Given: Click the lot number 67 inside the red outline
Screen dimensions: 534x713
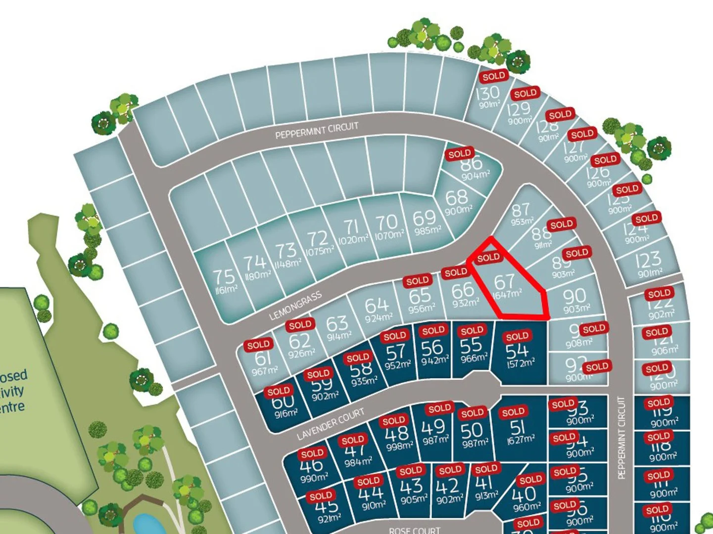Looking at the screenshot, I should point(504,282).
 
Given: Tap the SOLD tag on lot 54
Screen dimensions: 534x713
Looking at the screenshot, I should point(517,337).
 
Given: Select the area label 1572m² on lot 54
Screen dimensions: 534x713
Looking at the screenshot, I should point(520,363).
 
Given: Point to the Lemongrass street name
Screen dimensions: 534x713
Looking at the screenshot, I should point(295,306).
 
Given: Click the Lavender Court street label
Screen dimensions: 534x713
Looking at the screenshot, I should point(330,424).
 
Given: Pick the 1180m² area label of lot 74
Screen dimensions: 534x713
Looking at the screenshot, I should point(258,275).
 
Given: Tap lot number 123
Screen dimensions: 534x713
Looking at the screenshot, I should point(649,259).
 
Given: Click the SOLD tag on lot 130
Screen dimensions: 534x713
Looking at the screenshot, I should point(493,76).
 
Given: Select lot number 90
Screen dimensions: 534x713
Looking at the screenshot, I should point(574,296).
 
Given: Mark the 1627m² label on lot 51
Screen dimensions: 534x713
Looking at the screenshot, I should point(521,439).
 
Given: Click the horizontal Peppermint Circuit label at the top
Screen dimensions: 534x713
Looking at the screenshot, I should point(317,131).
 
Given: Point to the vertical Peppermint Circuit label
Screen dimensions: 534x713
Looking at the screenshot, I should point(622,438).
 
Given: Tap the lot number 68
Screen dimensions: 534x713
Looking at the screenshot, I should point(456,197).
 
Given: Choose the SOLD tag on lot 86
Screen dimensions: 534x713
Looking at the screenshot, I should point(459,154).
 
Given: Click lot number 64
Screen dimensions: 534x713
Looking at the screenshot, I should point(377,305).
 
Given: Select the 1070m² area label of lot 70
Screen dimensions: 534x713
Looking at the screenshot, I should point(389,235).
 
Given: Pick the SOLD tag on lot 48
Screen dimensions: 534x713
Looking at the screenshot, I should point(393,421).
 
